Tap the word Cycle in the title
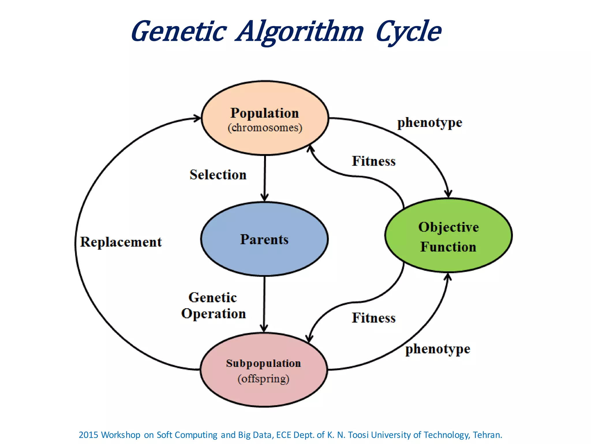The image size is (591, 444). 408,32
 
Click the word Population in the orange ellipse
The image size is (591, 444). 264,113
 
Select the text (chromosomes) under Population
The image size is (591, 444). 265,128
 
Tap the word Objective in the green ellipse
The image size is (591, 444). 448,227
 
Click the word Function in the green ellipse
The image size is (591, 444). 448,247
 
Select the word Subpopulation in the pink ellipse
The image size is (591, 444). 263,363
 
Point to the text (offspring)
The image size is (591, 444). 263,379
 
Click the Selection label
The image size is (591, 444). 218,175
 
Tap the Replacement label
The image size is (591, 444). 121,242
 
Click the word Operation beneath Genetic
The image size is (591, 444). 214,314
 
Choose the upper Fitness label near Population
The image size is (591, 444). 373,161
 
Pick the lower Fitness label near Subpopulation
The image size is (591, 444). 373,318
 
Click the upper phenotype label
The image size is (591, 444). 429,123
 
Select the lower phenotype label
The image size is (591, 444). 437,349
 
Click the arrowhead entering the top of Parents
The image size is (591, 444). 264,198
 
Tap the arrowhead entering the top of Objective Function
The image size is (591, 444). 448,194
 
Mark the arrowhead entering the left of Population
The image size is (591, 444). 197,118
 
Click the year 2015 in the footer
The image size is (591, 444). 89,435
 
